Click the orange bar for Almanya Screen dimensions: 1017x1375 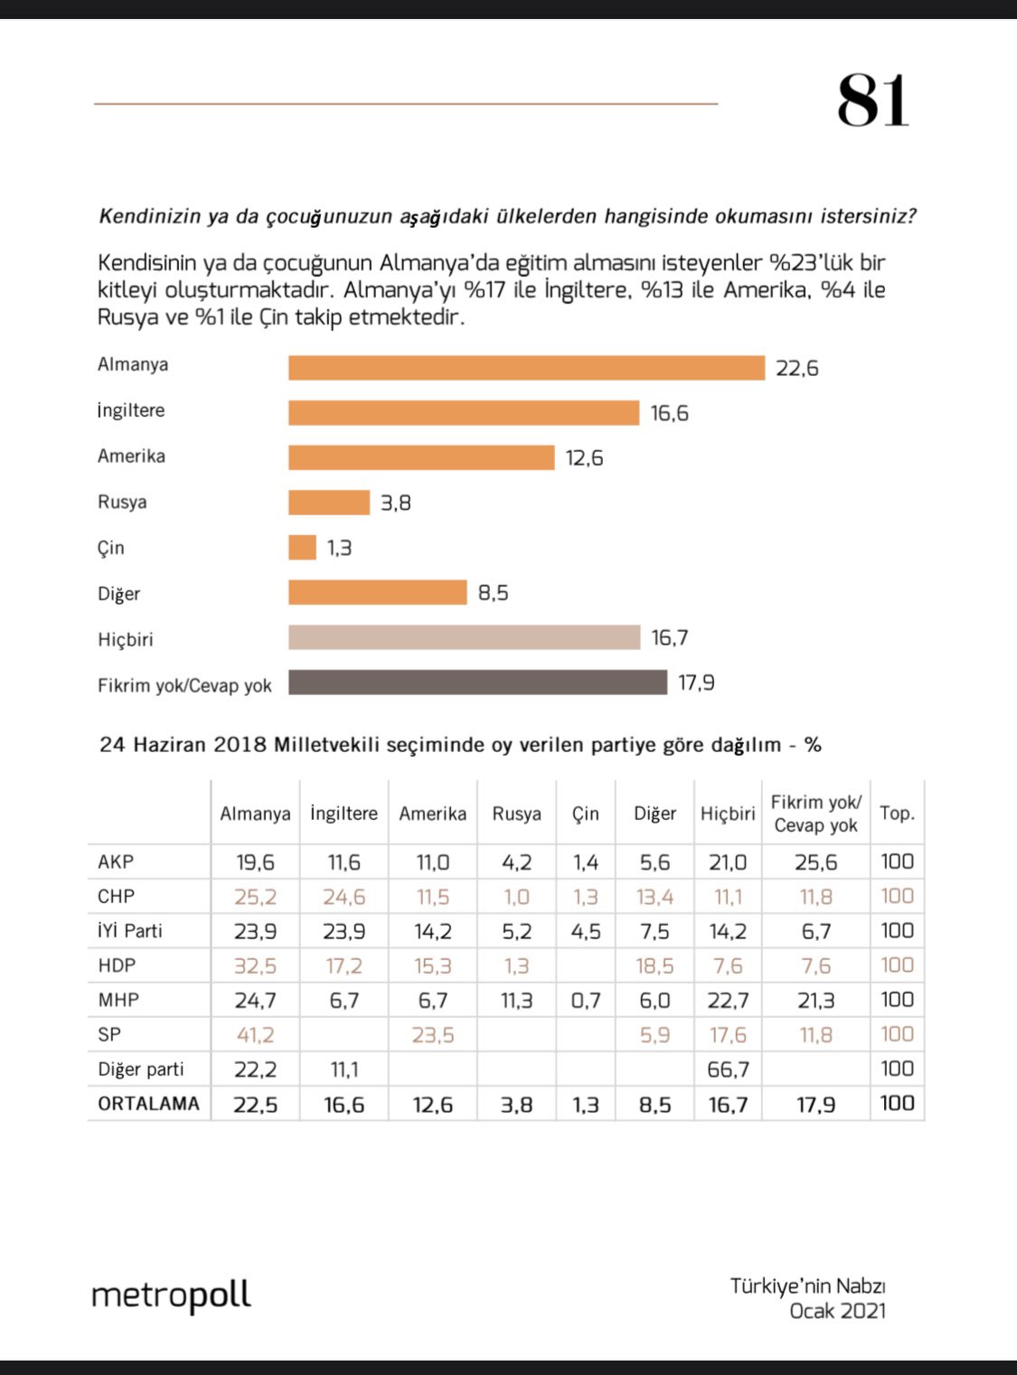[526, 368]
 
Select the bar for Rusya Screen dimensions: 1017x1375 [329, 503]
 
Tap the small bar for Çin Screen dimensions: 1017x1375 [302, 548]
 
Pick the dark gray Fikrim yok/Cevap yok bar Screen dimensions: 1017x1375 [477, 683]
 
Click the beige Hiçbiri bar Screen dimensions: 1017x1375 [464, 637]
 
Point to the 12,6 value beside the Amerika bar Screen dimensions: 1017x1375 [584, 458]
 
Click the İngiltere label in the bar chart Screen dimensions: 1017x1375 [131, 410]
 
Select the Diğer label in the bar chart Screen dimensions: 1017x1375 [119, 594]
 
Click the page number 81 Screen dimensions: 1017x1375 [872, 100]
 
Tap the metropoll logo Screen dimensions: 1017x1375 [171, 1295]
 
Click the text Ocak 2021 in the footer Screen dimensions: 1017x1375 [838, 1311]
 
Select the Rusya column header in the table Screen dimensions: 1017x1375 [516, 814]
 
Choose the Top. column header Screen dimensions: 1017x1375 [898, 814]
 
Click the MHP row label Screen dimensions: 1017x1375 [118, 1000]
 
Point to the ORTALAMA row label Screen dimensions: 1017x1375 [149, 1104]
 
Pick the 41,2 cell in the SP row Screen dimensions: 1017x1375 [256, 1035]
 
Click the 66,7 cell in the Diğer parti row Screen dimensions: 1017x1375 [728, 1069]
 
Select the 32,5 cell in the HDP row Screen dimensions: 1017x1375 [256, 965]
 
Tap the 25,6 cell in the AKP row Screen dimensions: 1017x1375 [816, 862]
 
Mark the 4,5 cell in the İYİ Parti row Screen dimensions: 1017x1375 [586, 931]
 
